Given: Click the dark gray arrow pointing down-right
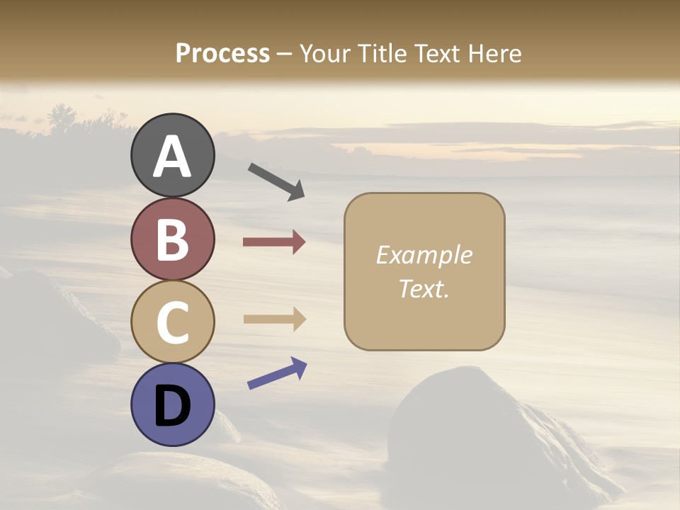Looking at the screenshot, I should pyautogui.click(x=276, y=181).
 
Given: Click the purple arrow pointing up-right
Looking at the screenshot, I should pyautogui.click(x=277, y=373).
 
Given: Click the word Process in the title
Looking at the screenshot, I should pyautogui.click(x=222, y=53).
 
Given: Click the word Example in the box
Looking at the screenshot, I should pyautogui.click(x=424, y=255).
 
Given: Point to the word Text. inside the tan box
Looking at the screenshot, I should pyautogui.click(x=424, y=288).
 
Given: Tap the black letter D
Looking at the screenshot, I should pyautogui.click(x=172, y=407).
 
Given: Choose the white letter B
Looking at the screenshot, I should pyautogui.click(x=172, y=239).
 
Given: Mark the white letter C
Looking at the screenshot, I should pyautogui.click(x=172, y=322).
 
